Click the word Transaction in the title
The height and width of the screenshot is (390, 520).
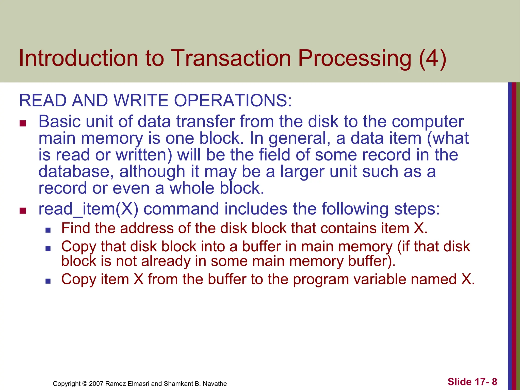pyautogui.click(x=231, y=58)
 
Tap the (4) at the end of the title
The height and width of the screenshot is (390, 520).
pyautogui.click(x=432, y=58)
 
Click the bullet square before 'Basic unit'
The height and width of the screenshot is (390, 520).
pyautogui.click(x=23, y=124)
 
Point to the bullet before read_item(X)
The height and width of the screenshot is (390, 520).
pyautogui.click(x=23, y=211)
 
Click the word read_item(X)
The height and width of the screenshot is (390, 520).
pyautogui.click(x=88, y=209)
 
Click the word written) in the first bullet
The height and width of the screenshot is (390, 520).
pyautogui.click(x=144, y=155)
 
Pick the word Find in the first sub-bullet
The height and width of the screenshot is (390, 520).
pyautogui.click(x=76, y=228)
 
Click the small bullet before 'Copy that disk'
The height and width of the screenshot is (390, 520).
pyautogui.click(x=48, y=248)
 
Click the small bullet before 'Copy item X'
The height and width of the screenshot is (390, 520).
pyautogui.click(x=48, y=281)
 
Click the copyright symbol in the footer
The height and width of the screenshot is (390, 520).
pyautogui.click(x=85, y=384)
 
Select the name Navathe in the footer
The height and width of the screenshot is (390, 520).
pyautogui.click(x=215, y=384)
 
